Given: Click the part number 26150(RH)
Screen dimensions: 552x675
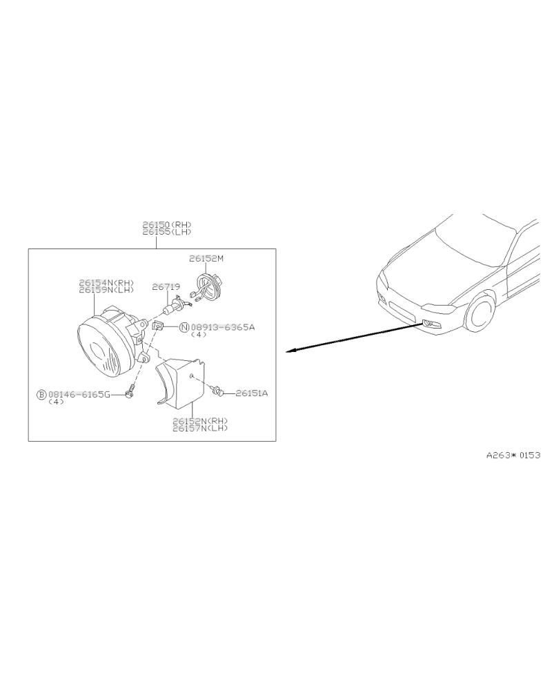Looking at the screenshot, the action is pyautogui.click(x=167, y=225).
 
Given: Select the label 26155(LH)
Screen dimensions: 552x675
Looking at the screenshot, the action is pyautogui.click(x=167, y=232).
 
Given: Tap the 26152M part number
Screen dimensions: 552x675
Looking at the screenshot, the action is pyautogui.click(x=206, y=259).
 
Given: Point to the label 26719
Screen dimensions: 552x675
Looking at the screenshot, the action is pyautogui.click(x=166, y=286).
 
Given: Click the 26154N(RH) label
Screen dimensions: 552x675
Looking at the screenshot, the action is pyautogui.click(x=106, y=283).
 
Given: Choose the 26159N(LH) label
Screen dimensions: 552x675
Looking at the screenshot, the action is pyautogui.click(x=106, y=290).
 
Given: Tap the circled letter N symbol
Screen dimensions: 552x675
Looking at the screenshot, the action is pyautogui.click(x=184, y=328).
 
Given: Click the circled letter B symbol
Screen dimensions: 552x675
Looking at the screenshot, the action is pyautogui.click(x=41, y=394).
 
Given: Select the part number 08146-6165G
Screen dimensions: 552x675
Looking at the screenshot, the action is pyautogui.click(x=79, y=394).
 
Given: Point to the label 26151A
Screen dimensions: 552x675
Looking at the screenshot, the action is pyautogui.click(x=252, y=393).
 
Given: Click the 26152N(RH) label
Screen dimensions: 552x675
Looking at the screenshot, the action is pyautogui.click(x=200, y=421).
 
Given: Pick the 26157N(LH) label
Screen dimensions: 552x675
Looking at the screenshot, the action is pyautogui.click(x=200, y=428).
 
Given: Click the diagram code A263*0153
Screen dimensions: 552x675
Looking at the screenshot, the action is pyautogui.click(x=513, y=455).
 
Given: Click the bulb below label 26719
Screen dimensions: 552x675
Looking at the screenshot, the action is pyautogui.click(x=175, y=306).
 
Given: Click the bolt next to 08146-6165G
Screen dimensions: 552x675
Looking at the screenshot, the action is pyautogui.click(x=128, y=393).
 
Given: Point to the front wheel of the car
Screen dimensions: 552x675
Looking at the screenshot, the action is pyautogui.click(x=480, y=313).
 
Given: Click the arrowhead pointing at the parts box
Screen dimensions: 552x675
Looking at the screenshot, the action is pyautogui.click(x=291, y=351).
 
